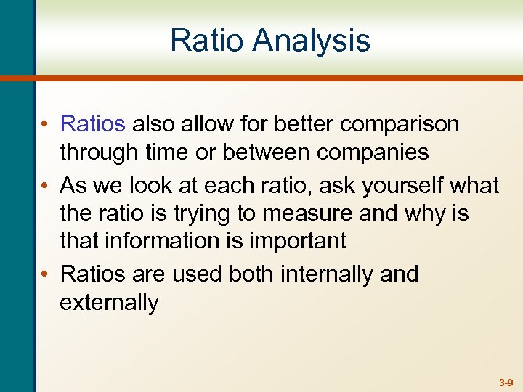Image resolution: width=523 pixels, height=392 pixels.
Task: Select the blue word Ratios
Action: [93, 124]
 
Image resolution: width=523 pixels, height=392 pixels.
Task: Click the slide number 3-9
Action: [506, 382]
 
